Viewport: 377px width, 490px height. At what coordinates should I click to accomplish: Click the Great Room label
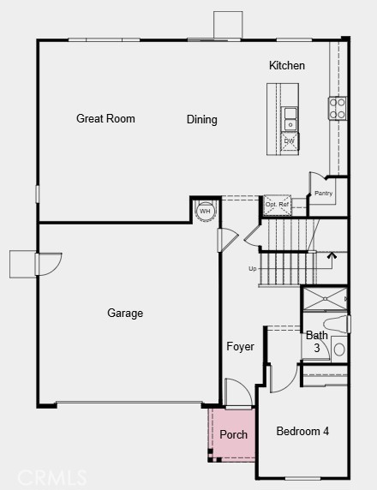click(105, 119)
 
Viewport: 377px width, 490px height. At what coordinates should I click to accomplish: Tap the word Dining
click(202, 120)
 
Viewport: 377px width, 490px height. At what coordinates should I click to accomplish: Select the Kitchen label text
click(287, 66)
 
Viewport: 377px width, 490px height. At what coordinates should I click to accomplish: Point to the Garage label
click(125, 314)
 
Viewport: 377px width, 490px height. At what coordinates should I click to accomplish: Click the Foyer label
click(240, 347)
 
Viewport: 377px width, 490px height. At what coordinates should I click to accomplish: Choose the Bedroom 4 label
click(302, 432)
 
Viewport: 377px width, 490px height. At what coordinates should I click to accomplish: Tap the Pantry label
click(323, 194)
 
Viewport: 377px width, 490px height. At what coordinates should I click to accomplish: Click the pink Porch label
click(233, 435)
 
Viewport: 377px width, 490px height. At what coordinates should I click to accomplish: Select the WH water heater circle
click(206, 211)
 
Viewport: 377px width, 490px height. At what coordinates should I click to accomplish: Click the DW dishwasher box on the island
click(290, 141)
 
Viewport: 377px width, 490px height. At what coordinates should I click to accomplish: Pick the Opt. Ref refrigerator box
click(277, 205)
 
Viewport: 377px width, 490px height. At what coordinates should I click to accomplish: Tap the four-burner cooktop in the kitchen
click(338, 108)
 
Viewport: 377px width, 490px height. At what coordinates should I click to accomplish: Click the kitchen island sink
click(290, 117)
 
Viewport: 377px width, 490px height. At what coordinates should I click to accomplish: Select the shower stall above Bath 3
click(325, 299)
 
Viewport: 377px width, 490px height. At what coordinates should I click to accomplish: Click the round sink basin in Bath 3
click(338, 350)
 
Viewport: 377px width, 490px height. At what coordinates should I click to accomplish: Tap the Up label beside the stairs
click(253, 269)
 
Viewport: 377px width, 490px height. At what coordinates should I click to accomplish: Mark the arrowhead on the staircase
click(332, 254)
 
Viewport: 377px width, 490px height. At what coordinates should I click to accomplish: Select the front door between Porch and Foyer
click(237, 392)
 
